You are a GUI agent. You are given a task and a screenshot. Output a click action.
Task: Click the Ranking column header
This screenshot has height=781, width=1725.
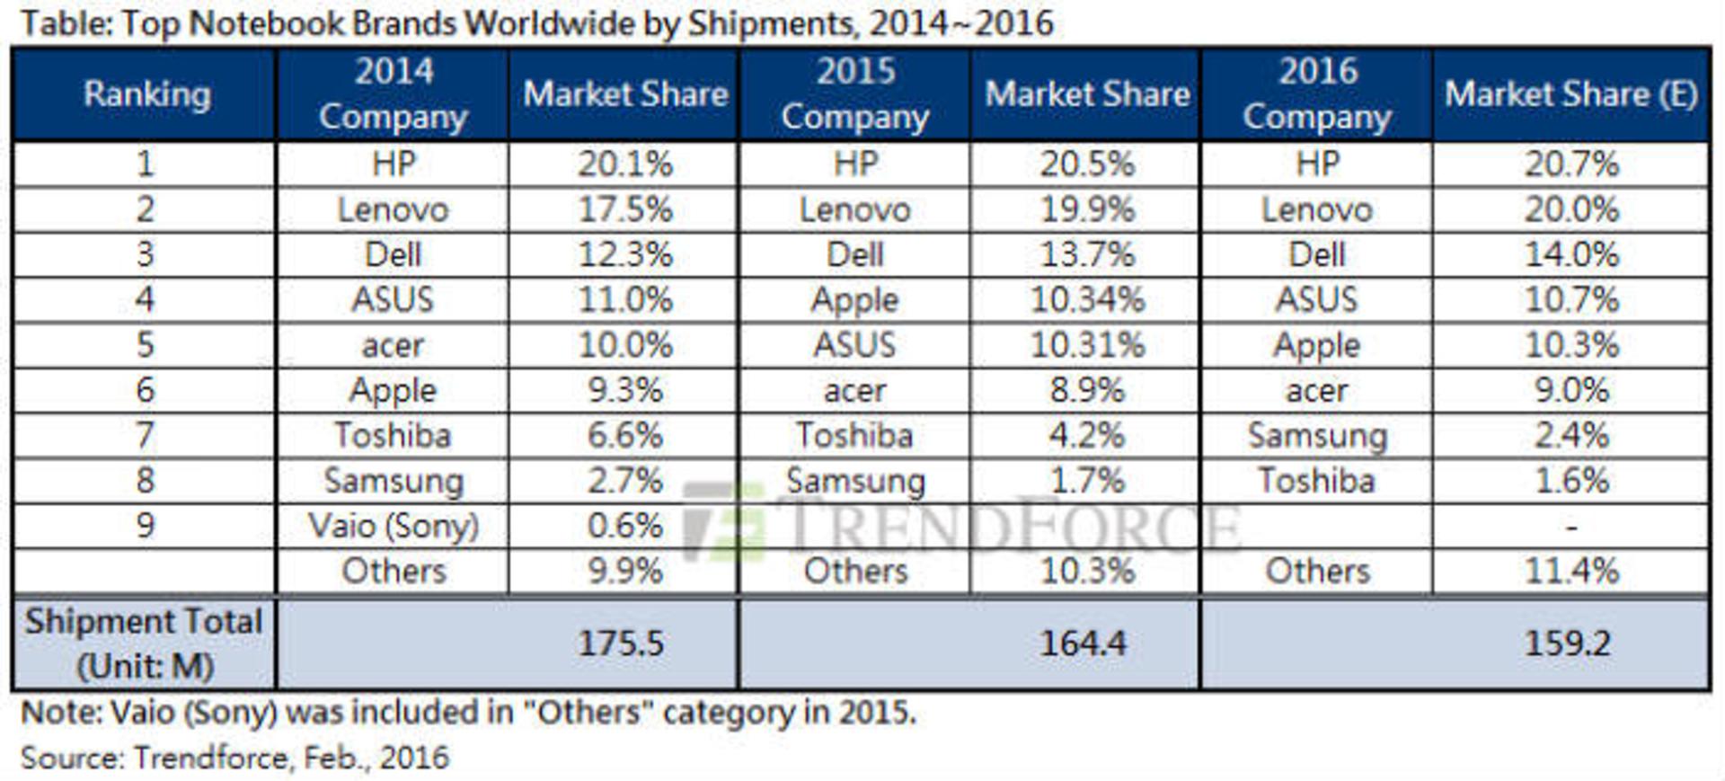pos(147,94)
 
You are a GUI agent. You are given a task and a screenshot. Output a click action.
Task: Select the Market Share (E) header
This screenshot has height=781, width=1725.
pos(1571,94)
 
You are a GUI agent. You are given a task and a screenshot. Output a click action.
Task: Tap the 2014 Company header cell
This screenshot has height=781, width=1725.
pos(394,94)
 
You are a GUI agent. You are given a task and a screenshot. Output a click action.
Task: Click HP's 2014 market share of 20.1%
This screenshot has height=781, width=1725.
pos(625,164)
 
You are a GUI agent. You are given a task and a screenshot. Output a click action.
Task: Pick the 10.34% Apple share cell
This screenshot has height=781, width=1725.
pos(1087,300)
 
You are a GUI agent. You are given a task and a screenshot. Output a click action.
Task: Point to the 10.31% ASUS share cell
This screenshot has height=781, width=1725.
pos(1087,345)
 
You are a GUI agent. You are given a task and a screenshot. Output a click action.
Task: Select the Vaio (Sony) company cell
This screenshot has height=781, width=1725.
pos(394,526)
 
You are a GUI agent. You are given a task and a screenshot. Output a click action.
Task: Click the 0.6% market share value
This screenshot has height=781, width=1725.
pos(625,526)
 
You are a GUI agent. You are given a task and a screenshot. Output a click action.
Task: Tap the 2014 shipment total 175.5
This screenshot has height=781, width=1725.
pos(621,643)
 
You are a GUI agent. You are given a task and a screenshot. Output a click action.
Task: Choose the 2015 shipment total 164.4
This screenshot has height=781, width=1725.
pos(1083,643)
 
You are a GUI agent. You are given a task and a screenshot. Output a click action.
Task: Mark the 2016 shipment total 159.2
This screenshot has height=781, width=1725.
pos(1568,643)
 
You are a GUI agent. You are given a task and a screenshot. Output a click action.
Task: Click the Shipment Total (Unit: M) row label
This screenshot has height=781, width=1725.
pos(144,643)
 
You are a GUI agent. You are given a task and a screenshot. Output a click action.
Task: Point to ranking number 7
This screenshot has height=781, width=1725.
pos(146,436)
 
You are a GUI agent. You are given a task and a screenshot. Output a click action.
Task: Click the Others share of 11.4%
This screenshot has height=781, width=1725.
pos(1571,572)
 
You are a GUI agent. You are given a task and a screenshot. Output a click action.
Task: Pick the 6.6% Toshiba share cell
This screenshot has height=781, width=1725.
pos(625,436)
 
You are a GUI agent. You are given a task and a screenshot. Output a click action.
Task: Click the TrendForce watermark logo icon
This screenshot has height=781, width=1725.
pos(724,521)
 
